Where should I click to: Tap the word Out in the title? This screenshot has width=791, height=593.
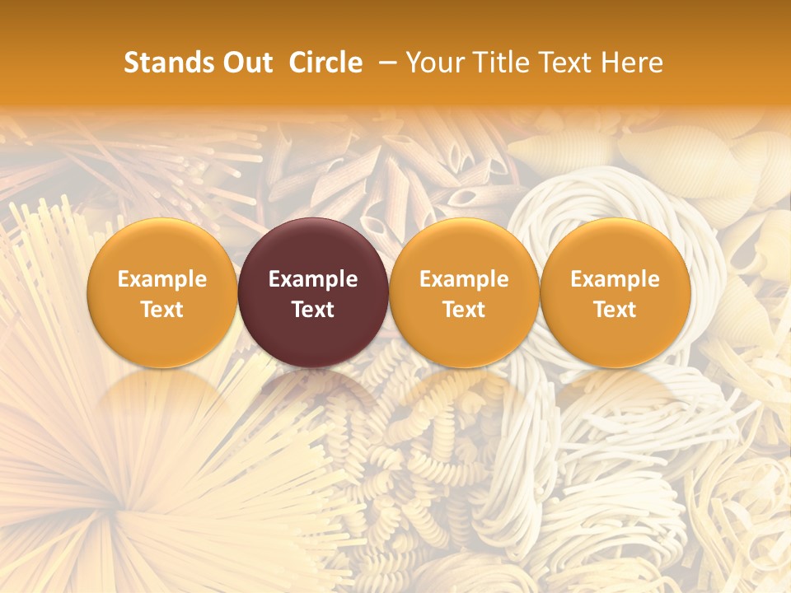(246, 63)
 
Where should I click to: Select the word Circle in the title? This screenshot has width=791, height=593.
(325, 63)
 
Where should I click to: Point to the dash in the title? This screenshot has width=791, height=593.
(384, 63)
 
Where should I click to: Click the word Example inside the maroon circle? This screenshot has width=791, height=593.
(313, 279)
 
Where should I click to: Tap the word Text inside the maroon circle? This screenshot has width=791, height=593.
(313, 310)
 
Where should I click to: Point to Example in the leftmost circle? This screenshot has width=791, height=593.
(162, 279)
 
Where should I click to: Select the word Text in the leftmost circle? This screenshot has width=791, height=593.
(162, 310)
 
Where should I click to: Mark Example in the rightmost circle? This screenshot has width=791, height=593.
(615, 279)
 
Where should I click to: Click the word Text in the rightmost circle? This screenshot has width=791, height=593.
(615, 310)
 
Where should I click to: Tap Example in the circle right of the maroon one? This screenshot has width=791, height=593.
(464, 279)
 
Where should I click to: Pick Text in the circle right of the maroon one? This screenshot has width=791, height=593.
(464, 310)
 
